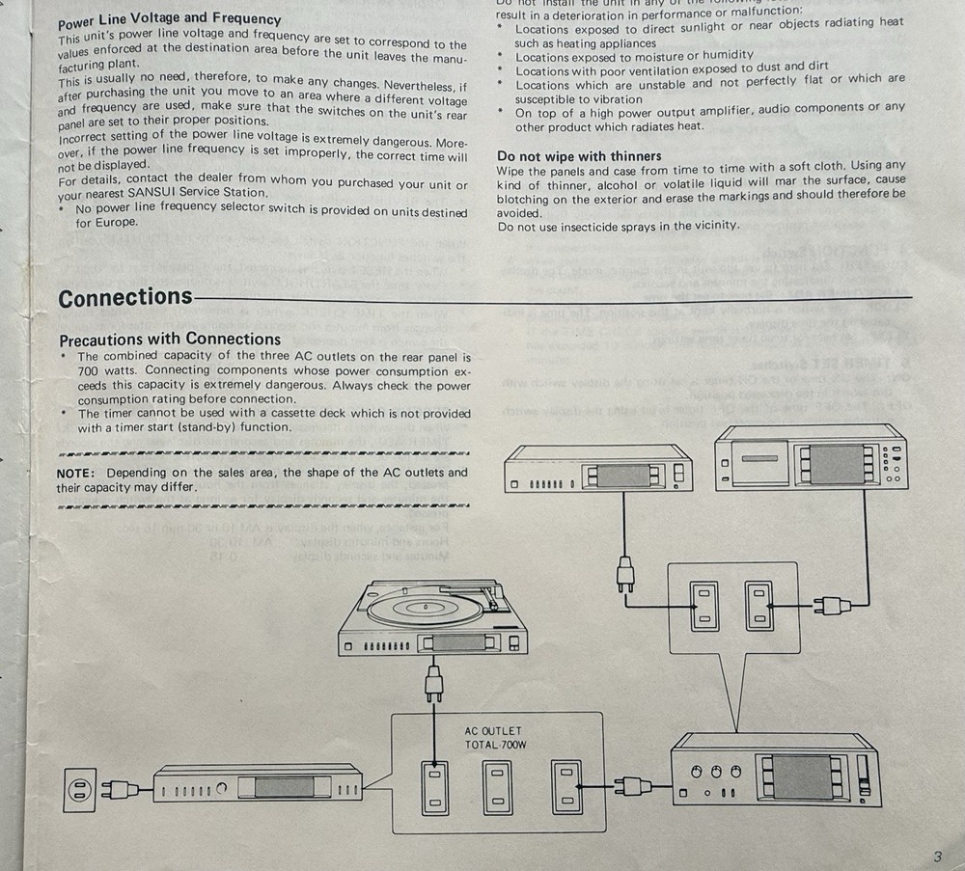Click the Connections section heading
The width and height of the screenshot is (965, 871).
pyautogui.click(x=125, y=297)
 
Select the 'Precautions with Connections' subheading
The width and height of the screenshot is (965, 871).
pyautogui.click(x=170, y=339)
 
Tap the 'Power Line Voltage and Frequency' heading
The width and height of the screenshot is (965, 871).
pyautogui.click(x=170, y=17)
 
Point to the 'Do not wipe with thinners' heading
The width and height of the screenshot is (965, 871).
pyautogui.click(x=579, y=155)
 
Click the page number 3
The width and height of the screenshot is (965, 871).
pyautogui.click(x=937, y=857)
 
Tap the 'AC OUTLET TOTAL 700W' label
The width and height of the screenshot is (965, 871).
pyautogui.click(x=493, y=738)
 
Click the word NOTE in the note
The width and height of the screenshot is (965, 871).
pyautogui.click(x=75, y=473)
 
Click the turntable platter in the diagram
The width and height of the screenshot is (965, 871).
pyautogui.click(x=425, y=609)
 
